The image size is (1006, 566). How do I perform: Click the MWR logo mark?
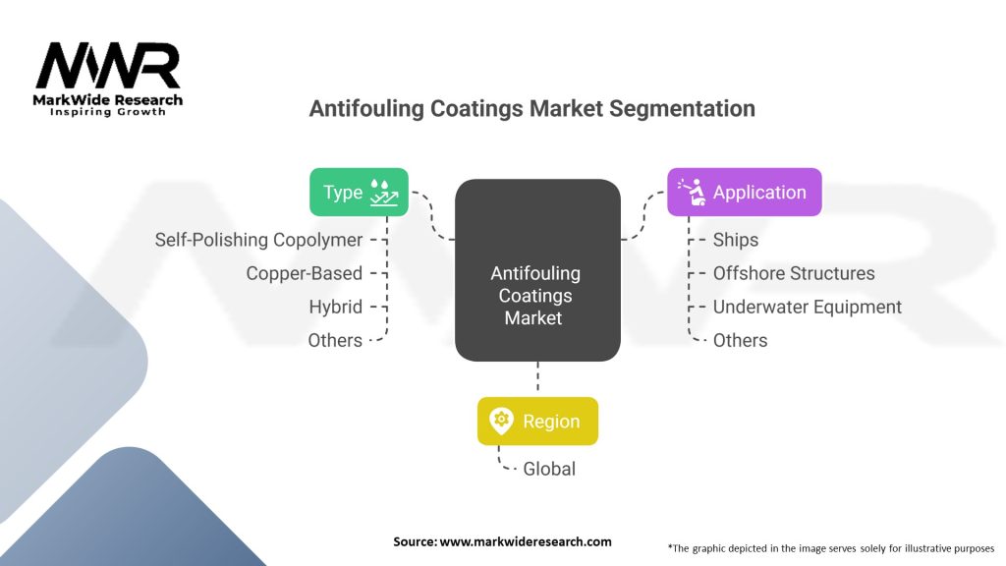108,67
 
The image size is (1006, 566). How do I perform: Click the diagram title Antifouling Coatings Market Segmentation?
531,108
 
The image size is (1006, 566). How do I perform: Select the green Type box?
359,193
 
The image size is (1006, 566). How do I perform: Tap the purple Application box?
744,193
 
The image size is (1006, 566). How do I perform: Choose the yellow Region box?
536,422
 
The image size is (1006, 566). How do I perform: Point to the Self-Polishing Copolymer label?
258,240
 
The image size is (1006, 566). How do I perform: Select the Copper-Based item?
304,273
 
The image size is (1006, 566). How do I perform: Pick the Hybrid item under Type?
335,307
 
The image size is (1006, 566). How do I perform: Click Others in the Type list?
335,340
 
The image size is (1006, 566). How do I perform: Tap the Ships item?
736,240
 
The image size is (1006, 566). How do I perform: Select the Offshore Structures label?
793,273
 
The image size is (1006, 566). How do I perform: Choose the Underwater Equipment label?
807,307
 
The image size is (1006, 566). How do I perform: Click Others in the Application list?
740,340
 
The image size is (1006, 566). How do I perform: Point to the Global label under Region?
548,469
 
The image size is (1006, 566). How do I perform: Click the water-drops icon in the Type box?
384,193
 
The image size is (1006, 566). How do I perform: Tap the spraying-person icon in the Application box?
692,193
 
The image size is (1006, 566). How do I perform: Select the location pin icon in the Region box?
501,422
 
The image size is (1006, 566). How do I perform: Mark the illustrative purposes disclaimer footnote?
830,546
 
